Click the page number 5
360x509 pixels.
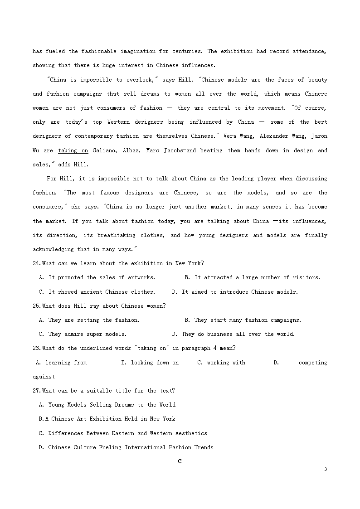[326, 469]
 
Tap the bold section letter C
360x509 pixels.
[180, 461]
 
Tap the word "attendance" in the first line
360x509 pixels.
[309, 51]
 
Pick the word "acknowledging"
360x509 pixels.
[53, 250]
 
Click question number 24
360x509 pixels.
[37, 264]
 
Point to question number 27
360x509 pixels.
[37, 391]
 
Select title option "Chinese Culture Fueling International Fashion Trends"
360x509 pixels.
[126, 448]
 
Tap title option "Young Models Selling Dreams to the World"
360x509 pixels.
[107, 405]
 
